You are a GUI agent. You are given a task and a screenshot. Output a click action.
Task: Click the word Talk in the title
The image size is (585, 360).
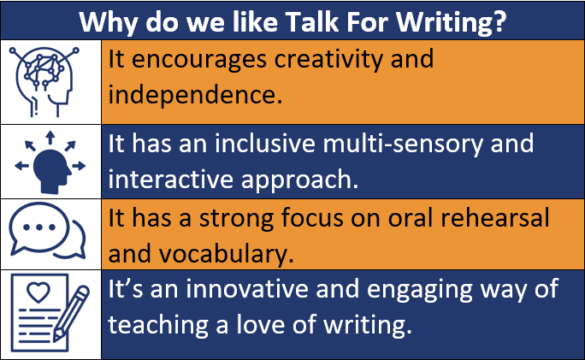[x=313, y=21]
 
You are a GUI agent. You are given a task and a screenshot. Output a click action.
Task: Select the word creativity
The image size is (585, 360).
[x=328, y=60]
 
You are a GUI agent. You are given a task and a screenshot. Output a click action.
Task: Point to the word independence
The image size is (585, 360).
[x=195, y=94]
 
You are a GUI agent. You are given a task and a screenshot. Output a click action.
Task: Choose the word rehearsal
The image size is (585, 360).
[x=495, y=217]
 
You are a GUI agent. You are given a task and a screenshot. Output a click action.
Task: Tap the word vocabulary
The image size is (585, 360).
[x=227, y=255]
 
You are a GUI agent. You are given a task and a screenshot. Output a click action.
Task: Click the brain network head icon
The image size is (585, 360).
[x=44, y=81]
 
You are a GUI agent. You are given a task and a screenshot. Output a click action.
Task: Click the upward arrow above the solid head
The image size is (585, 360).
[x=50, y=138]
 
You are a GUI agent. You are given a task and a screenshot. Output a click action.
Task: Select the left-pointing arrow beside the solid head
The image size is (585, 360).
[x=21, y=166]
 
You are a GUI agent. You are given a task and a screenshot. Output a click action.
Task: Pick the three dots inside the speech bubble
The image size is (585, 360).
[x=38, y=227]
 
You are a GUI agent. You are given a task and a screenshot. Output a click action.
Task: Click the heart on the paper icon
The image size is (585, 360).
[x=38, y=292]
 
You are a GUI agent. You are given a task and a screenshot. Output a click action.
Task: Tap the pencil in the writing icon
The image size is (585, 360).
[x=71, y=313]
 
